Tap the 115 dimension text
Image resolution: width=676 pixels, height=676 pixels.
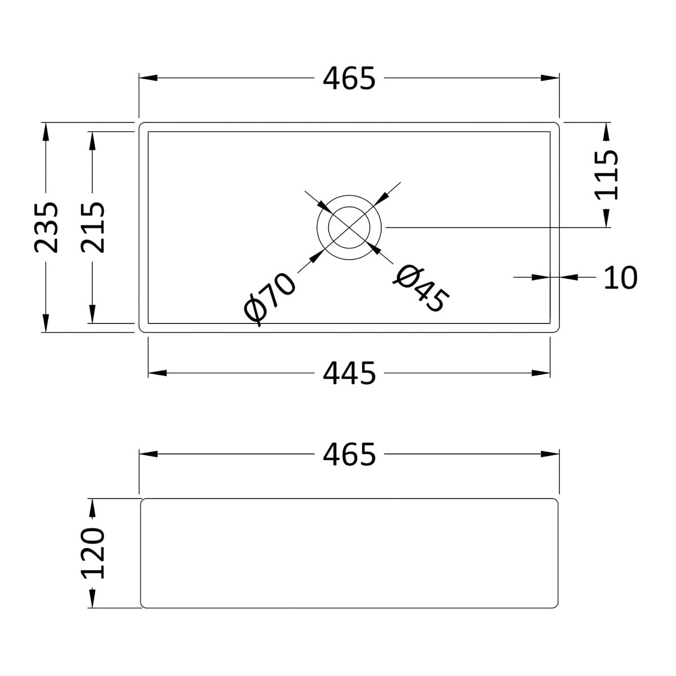pos(606,175)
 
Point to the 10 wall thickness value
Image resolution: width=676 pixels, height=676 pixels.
pos(620,277)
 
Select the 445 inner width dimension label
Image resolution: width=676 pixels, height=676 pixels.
pos(349,373)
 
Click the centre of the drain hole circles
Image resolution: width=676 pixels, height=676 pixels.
pos(349,227)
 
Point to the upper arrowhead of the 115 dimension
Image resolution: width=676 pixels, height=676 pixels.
pos(606,131)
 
